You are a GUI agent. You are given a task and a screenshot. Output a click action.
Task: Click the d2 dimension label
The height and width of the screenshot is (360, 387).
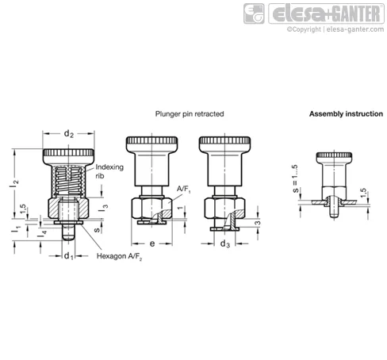coord(69,134)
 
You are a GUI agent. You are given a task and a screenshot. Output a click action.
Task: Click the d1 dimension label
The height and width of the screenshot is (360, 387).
coord(69,256)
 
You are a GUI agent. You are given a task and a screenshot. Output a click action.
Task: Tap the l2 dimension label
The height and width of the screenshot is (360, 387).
coord(14,182)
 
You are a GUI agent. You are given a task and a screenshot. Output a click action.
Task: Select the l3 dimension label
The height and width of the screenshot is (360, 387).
coord(103,208)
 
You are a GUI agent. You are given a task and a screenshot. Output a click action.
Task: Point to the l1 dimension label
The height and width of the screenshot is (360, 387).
coord(16,229)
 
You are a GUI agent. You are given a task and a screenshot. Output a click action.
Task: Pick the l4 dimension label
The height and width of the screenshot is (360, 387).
coord(42,233)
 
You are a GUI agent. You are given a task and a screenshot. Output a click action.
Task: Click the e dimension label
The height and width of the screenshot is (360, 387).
coord(152,243)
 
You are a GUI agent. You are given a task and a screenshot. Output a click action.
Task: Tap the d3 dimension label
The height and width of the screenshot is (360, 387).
coord(225,243)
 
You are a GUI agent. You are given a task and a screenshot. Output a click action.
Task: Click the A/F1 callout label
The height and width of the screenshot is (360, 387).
coord(183,190)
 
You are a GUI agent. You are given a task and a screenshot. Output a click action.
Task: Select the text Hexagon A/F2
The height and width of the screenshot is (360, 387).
coord(119,256)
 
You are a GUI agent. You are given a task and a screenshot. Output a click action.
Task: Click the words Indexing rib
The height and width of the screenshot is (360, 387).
coord(109,171)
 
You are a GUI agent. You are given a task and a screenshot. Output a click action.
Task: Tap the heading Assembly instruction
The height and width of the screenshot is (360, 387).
coord(346,114)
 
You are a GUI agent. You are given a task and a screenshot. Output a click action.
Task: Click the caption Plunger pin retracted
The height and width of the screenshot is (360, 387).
coord(190,114)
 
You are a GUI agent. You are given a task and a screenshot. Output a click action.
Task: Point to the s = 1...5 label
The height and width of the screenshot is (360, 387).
coord(295,178)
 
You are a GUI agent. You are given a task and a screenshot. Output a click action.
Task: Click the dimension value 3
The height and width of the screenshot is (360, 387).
coord(257,223)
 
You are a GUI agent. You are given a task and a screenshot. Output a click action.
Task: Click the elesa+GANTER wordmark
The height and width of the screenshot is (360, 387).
coord(326,13)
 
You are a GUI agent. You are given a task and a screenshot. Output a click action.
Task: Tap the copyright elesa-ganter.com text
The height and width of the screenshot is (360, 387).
coord(335,29)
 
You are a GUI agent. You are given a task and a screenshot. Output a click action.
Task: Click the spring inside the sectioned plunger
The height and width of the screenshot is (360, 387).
coord(69,181)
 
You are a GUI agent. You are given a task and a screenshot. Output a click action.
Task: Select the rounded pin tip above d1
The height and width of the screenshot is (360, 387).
coord(68,237)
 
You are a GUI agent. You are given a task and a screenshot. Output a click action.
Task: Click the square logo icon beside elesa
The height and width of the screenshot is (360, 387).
coord(254,13)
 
